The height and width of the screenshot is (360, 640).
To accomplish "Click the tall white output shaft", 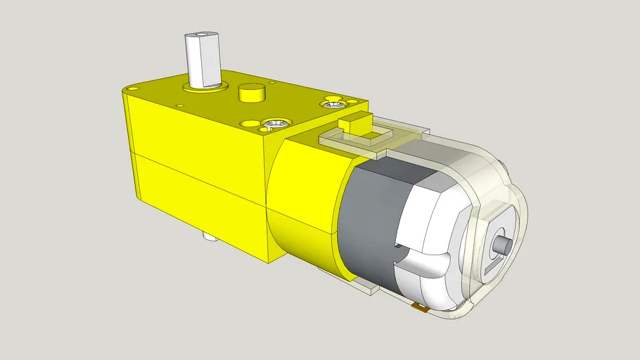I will click(203, 60).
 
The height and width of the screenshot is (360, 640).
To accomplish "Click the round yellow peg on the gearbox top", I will click(251, 92).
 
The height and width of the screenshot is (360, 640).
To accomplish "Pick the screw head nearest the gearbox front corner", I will click(275, 124).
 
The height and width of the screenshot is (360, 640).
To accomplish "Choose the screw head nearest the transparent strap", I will click(333, 105).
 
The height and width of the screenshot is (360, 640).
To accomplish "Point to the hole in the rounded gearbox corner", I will click(132, 89).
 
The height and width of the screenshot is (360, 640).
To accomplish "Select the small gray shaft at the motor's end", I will click(502, 246).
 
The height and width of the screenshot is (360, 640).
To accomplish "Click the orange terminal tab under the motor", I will click(421, 307).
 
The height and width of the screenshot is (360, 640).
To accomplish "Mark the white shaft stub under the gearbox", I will click(209, 237).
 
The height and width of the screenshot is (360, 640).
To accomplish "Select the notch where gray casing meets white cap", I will click(398, 246).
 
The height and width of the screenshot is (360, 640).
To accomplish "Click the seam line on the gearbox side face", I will click(197, 176).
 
